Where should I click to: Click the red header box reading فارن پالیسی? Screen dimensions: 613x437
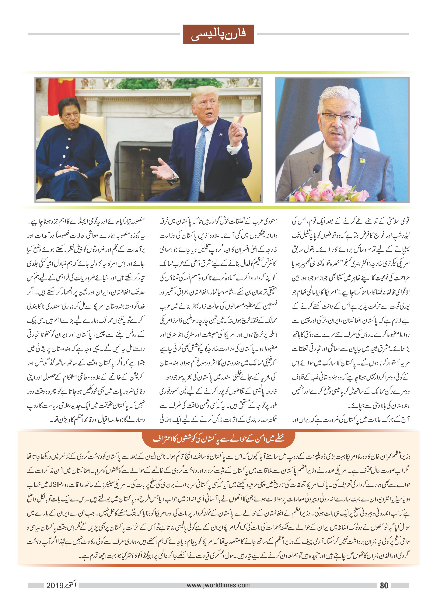pos(218,34)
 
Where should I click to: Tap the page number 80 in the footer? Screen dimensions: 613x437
pos(384,585)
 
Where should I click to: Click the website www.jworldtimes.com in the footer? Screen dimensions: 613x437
pos(218,585)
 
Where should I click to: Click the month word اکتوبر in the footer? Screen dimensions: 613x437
pos(71,585)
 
